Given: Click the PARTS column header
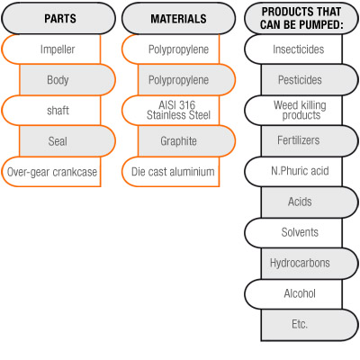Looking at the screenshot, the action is (x=58, y=19).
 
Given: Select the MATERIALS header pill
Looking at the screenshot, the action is (x=178, y=19).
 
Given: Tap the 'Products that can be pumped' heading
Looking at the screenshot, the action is (x=301, y=19).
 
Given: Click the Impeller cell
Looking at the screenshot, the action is (x=51, y=49).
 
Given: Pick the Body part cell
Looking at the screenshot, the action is (x=67, y=80).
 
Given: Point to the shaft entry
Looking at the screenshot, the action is (x=51, y=111).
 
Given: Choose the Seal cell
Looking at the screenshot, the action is (x=67, y=141).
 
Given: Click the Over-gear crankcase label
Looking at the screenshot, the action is (x=51, y=172).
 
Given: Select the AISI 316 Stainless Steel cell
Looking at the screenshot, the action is (x=171, y=111).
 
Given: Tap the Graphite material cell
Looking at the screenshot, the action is (x=186, y=141).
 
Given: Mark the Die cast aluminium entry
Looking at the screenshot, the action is (x=171, y=172).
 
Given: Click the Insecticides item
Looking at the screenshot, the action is (x=293, y=49).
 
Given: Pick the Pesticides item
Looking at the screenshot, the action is (x=310, y=80).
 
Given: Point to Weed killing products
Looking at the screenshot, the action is (x=293, y=111).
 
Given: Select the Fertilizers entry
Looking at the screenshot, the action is (x=310, y=141).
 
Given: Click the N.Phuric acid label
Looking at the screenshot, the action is (x=293, y=172).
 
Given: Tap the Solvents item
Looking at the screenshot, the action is (x=293, y=233).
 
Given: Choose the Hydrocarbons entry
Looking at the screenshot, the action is (x=310, y=264).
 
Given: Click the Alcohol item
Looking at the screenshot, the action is (x=293, y=294).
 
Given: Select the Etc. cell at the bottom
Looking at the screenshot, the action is (x=310, y=325).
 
